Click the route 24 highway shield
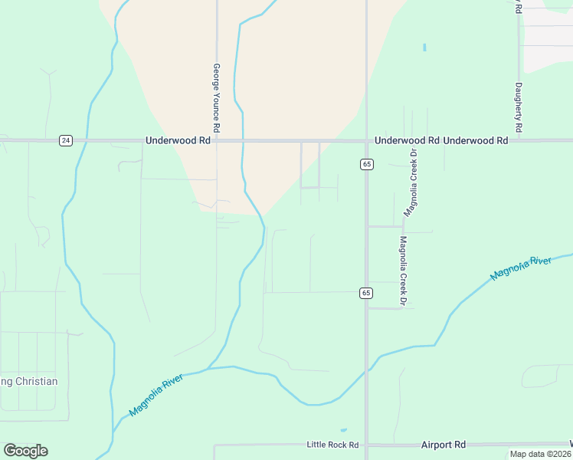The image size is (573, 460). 66,140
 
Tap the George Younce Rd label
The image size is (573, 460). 217,97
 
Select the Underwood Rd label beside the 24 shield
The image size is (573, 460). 178,141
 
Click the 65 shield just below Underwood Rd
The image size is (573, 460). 367,164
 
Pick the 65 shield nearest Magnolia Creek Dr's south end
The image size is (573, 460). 367,293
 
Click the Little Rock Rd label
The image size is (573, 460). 332,445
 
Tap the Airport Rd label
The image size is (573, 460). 444,445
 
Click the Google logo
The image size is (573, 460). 25,451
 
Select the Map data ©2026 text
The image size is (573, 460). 540,454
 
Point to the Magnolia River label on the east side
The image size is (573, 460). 521,269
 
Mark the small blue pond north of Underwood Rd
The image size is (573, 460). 424,47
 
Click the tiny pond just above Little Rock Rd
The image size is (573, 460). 342,430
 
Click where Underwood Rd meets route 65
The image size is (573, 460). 366,141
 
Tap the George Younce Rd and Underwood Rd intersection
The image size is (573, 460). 217,141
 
